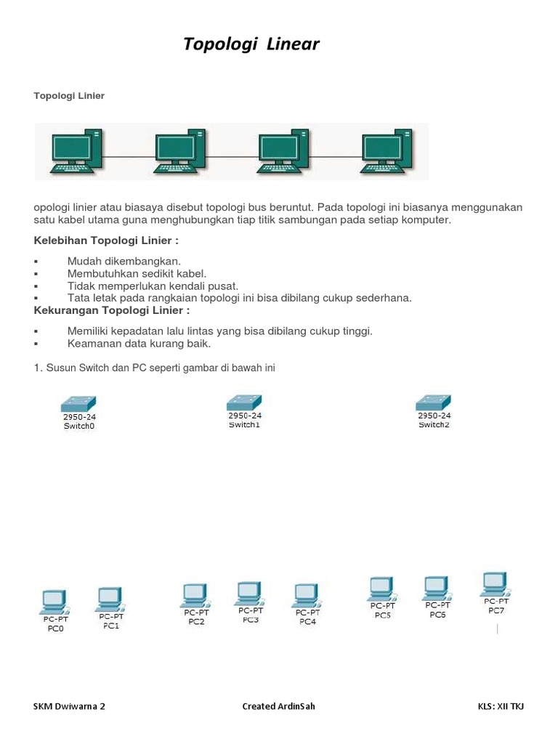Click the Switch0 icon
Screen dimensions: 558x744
(78, 404)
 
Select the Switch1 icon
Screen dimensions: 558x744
(244, 403)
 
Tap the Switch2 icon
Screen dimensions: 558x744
(433, 403)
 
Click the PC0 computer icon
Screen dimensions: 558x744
(54, 602)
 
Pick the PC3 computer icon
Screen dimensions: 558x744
(250, 594)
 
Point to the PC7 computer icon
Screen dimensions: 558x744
(496, 585)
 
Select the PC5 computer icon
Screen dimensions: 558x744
(382, 589)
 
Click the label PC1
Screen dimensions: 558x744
(111, 626)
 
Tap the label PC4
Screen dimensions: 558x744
(307, 622)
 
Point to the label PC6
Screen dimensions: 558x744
(437, 615)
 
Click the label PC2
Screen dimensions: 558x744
(196, 622)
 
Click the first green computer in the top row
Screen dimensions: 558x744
(76, 151)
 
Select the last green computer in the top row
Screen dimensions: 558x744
(387, 151)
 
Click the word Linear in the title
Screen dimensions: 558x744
(293, 44)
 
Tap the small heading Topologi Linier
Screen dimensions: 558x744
(69, 96)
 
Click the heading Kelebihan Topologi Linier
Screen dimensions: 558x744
(106, 240)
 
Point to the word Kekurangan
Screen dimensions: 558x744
(66, 310)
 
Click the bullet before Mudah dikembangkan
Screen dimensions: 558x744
(36, 262)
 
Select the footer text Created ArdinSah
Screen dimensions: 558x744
(278, 706)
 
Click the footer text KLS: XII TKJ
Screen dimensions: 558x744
(501, 706)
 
